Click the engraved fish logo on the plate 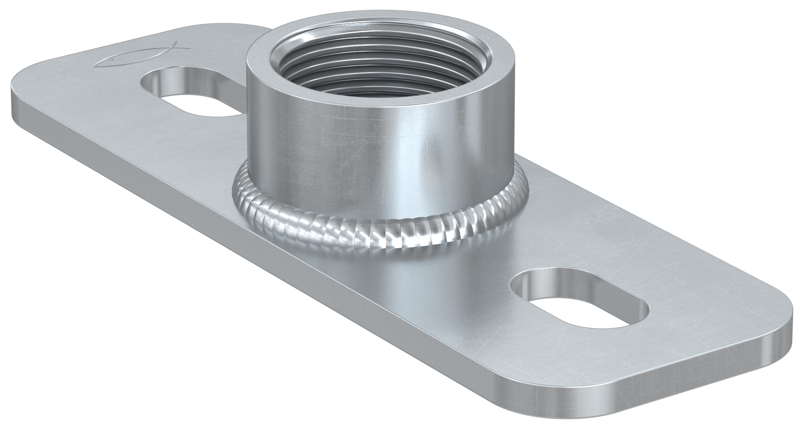[x=141, y=55]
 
